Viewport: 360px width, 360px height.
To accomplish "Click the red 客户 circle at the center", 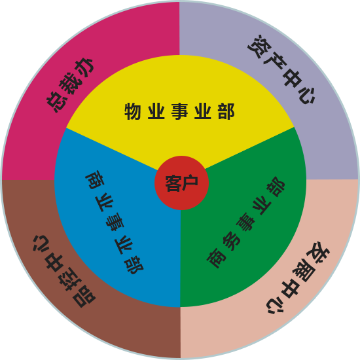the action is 181,183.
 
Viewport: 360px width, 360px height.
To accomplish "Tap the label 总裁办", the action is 70,85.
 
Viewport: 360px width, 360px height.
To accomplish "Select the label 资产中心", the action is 281,69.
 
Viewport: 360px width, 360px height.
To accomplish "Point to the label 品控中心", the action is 64,271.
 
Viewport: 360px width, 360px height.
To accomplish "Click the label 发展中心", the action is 298,278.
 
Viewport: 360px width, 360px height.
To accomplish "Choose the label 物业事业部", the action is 179,111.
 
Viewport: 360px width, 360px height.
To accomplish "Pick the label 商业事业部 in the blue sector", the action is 115,223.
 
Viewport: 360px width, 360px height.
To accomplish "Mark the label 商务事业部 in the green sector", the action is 245,223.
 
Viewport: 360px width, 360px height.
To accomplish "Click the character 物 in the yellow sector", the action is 133,111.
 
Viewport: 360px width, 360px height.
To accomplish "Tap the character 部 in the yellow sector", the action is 226,111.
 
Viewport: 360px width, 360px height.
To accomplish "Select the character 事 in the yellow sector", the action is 179,111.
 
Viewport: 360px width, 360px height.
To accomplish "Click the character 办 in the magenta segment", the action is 84,68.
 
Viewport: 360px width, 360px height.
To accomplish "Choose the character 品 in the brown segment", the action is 84,297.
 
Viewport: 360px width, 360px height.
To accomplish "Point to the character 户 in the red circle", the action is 190,183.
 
